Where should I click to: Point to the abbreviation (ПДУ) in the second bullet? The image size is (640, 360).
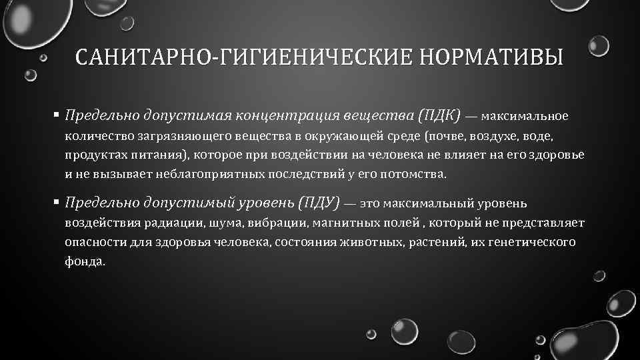(319, 201)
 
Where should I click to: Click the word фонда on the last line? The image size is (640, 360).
(85, 261)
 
